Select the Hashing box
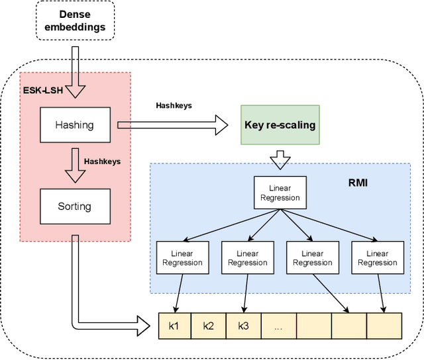[74, 124]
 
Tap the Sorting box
[74, 206]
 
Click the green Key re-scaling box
[280, 124]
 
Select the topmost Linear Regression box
[280, 193]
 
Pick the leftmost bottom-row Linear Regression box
[182, 257]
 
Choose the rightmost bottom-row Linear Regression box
[377, 257]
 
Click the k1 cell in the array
[174, 325]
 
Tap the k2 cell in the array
[209, 325]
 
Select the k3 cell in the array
[243, 325]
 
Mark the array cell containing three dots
[278, 325]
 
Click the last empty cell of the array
[384, 325]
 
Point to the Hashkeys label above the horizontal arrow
[174, 105]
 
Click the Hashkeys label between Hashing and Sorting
[102, 161]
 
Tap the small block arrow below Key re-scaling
[280, 159]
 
